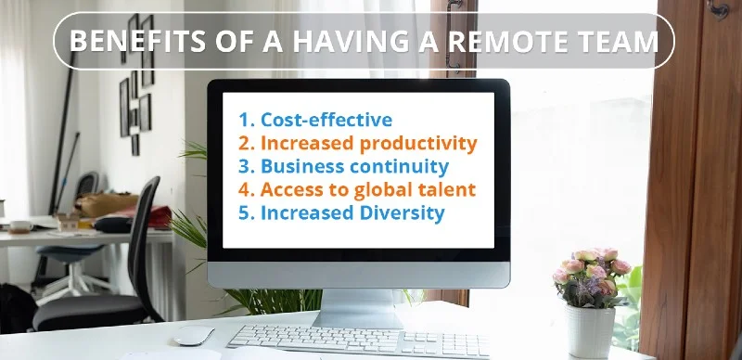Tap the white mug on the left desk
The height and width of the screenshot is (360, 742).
coord(20,226)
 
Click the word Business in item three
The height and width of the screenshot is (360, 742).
coord(296,167)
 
